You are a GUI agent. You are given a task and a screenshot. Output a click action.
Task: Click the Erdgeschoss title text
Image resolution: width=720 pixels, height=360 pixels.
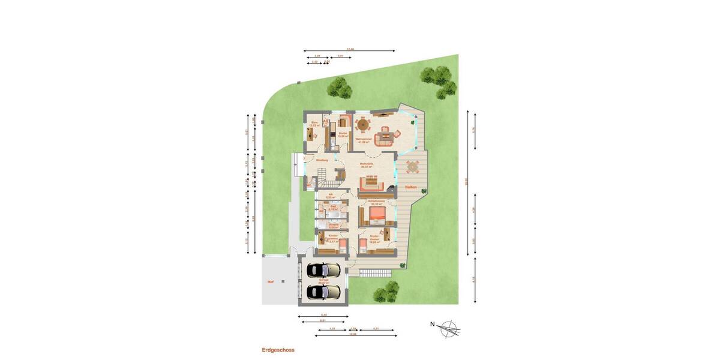(x=278, y=349)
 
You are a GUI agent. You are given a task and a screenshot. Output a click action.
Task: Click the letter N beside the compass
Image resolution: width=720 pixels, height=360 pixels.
(x=432, y=325)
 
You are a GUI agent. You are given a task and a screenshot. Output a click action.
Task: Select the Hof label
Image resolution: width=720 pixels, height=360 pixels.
(x=271, y=281)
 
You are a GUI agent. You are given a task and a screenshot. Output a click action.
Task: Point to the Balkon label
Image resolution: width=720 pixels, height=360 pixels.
(x=410, y=187)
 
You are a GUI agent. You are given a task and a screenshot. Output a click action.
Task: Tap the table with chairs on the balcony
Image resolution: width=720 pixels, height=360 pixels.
(x=412, y=167)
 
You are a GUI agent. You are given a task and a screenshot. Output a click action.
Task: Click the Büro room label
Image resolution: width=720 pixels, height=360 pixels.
(x=313, y=123)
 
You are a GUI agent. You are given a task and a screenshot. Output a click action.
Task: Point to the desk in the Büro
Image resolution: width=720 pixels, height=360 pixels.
(x=312, y=134)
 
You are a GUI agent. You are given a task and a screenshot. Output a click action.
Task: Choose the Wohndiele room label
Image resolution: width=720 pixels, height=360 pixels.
(x=367, y=164)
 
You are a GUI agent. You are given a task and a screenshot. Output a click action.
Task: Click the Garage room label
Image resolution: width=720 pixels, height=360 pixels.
(x=324, y=281)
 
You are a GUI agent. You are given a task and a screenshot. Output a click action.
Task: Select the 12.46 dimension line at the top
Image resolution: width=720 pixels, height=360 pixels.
(x=349, y=50)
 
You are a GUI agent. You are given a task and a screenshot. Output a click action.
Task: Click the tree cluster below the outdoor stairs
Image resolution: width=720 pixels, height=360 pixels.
(x=386, y=293)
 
